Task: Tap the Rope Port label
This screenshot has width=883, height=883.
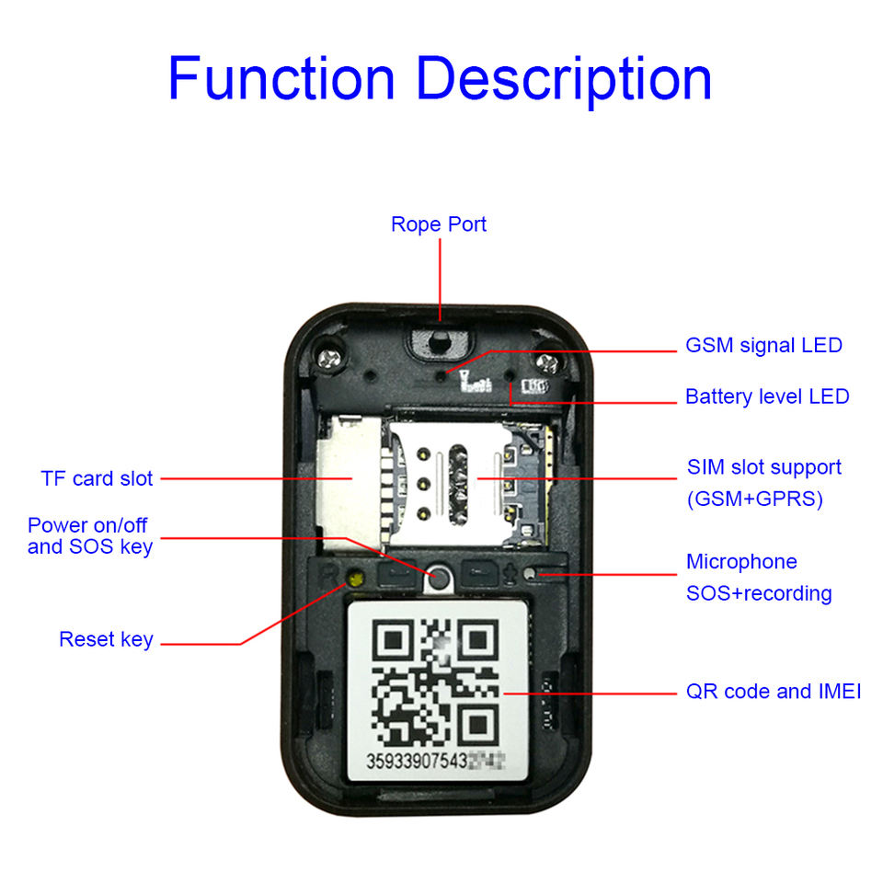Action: click(x=439, y=224)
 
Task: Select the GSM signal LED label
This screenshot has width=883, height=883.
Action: click(x=763, y=346)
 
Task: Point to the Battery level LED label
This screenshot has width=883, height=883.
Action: click(x=767, y=397)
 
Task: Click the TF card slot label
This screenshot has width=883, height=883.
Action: click(x=97, y=478)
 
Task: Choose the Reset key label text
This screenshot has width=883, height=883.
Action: click(x=106, y=639)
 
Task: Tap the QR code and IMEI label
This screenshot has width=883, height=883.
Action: click(x=774, y=692)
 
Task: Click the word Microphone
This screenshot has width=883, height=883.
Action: click(x=741, y=562)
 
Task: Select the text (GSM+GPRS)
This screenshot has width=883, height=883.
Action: click(x=755, y=500)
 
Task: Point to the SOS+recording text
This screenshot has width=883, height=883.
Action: click(x=759, y=593)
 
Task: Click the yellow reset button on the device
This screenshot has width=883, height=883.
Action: click(x=352, y=579)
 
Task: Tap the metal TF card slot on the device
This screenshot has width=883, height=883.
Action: click(x=348, y=478)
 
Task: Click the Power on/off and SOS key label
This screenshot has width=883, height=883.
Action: click(x=89, y=536)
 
